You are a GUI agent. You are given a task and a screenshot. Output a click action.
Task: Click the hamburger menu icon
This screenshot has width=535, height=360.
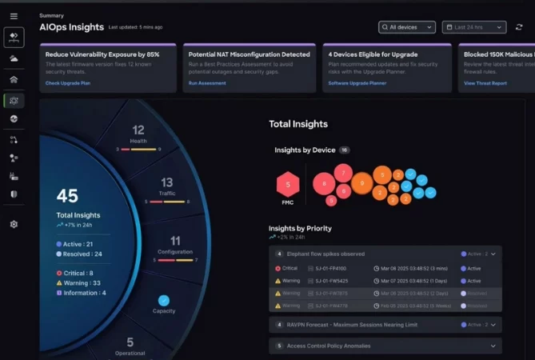click(x=14, y=16)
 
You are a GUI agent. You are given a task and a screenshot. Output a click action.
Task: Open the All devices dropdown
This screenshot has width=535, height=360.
click(x=407, y=27)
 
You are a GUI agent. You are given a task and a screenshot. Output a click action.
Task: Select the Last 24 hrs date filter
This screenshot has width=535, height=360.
click(x=473, y=27)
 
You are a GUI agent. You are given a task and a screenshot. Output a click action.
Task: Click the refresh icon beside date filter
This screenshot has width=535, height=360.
click(x=520, y=27)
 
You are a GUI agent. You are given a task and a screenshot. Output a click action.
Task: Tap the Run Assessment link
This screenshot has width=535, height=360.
click(x=206, y=83)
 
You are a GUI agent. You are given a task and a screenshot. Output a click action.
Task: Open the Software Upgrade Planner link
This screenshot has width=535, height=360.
click(x=357, y=83)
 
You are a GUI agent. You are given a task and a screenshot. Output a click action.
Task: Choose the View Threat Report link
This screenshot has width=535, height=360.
click(x=486, y=83)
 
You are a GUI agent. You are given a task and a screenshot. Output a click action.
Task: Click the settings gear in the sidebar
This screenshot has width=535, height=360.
click(x=14, y=225)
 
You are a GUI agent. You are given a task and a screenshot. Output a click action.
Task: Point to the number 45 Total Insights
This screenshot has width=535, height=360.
click(x=67, y=197)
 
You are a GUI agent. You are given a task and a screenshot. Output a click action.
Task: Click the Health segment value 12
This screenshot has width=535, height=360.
click(x=138, y=130)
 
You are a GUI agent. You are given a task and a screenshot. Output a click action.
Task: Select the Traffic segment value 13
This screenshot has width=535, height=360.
click(x=166, y=183)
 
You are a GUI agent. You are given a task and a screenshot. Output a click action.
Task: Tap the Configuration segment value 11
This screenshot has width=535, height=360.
click(x=175, y=241)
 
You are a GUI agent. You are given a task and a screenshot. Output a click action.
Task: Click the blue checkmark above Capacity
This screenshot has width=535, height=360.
click(x=164, y=301)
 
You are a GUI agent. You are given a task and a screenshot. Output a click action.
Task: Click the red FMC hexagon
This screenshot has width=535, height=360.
click(x=288, y=185)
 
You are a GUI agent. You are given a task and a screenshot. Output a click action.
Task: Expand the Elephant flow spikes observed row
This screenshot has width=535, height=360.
click(x=493, y=254)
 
